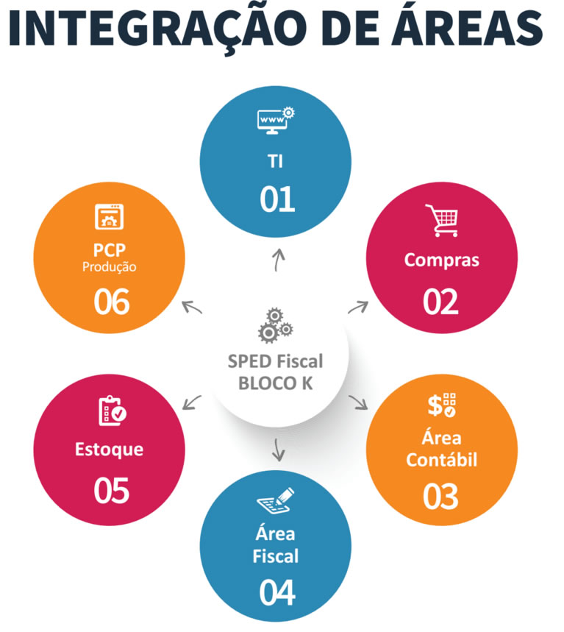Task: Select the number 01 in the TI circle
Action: click(277, 199)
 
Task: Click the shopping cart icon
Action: click(442, 220)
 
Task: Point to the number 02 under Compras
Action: click(440, 302)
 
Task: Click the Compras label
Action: click(441, 260)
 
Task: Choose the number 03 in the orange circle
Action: click(440, 496)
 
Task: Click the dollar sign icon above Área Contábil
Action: click(442, 406)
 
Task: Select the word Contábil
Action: click(441, 460)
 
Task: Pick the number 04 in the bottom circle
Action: click(276, 592)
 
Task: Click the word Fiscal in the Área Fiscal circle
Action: click(276, 555)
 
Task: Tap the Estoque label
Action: click(109, 449)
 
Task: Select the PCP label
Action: click(110, 250)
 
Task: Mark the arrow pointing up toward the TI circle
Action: click(277, 259)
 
